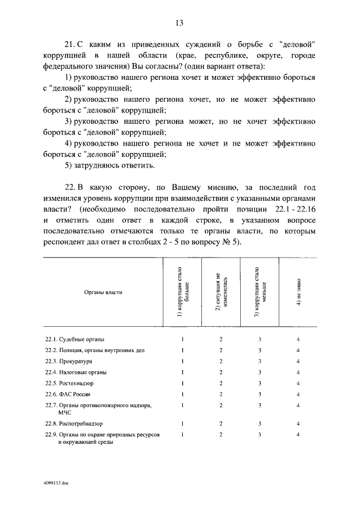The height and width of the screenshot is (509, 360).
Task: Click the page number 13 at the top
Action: (179, 22)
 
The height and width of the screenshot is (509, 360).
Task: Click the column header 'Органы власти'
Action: (103, 292)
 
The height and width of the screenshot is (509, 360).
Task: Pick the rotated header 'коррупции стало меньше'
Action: (259, 292)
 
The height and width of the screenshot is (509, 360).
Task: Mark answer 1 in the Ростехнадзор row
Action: (183, 383)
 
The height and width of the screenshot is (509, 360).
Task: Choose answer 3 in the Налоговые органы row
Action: (259, 372)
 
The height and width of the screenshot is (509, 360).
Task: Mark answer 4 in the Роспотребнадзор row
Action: (298, 423)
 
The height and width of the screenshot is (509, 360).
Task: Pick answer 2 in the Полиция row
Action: (221, 350)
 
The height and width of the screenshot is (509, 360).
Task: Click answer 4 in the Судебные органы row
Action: (298, 339)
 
